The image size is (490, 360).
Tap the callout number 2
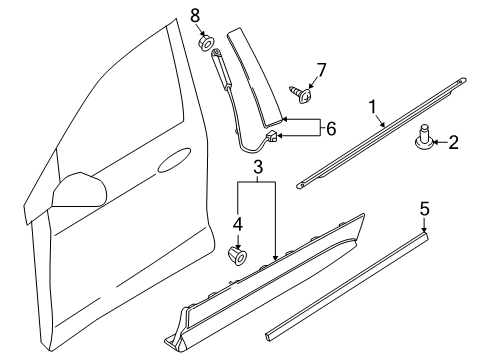click(452, 143)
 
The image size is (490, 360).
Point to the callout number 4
click(237, 224)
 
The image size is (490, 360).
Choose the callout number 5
click(424, 236)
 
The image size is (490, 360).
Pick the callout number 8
click(195, 15)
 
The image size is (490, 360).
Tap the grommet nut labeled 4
click(238, 251)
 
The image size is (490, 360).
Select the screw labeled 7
click(302, 93)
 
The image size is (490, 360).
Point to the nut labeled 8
click(206, 43)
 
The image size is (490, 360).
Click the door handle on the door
click(174, 158)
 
